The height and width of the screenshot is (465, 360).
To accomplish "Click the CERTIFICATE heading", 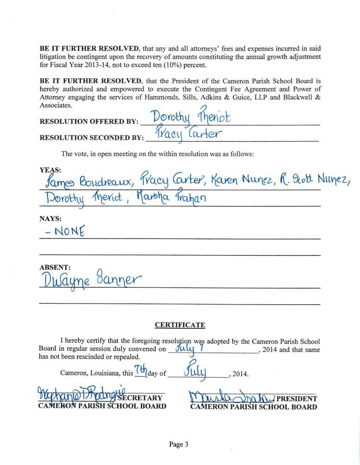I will pos(180,325).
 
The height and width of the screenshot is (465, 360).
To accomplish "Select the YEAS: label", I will pos(50,170).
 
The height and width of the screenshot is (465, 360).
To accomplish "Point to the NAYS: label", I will pos(50,219).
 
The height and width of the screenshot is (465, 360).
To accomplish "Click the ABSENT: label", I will pos(55,267).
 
